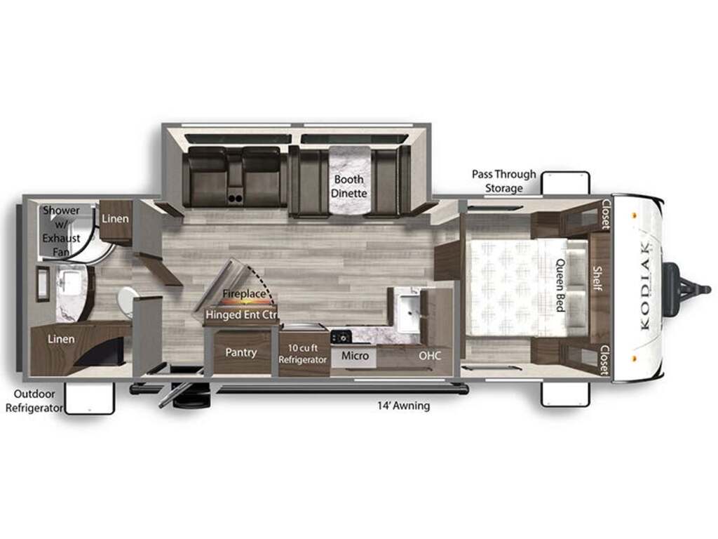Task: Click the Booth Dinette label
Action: [349, 186]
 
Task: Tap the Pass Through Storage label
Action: [503, 181]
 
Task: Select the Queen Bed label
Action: [560, 285]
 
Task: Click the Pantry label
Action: [241, 352]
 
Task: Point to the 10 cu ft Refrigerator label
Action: [303, 354]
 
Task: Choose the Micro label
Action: [355, 355]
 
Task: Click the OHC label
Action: [430, 355]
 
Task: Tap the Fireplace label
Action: [244, 293]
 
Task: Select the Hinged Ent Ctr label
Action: [242, 315]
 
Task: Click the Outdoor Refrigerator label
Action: [34, 401]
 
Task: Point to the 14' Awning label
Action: [403, 406]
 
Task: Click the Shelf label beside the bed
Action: [597, 278]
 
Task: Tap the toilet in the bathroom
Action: [126, 301]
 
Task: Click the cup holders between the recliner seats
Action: [235, 198]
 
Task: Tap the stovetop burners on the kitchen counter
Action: [341, 337]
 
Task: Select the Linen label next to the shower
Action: [115, 219]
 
